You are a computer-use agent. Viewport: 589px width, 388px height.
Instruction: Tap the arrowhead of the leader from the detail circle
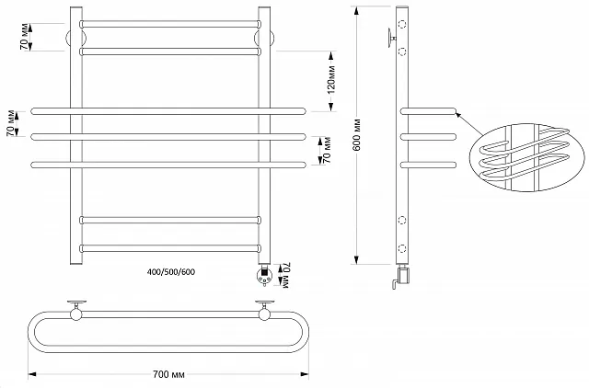point(460,115)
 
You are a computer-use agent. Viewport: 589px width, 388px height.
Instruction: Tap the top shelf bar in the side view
point(428,111)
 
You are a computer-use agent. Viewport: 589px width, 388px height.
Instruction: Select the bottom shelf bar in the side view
point(428,165)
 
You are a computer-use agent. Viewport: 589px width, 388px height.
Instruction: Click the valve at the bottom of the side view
point(401,275)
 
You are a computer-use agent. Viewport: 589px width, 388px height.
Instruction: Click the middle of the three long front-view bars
point(169,138)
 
